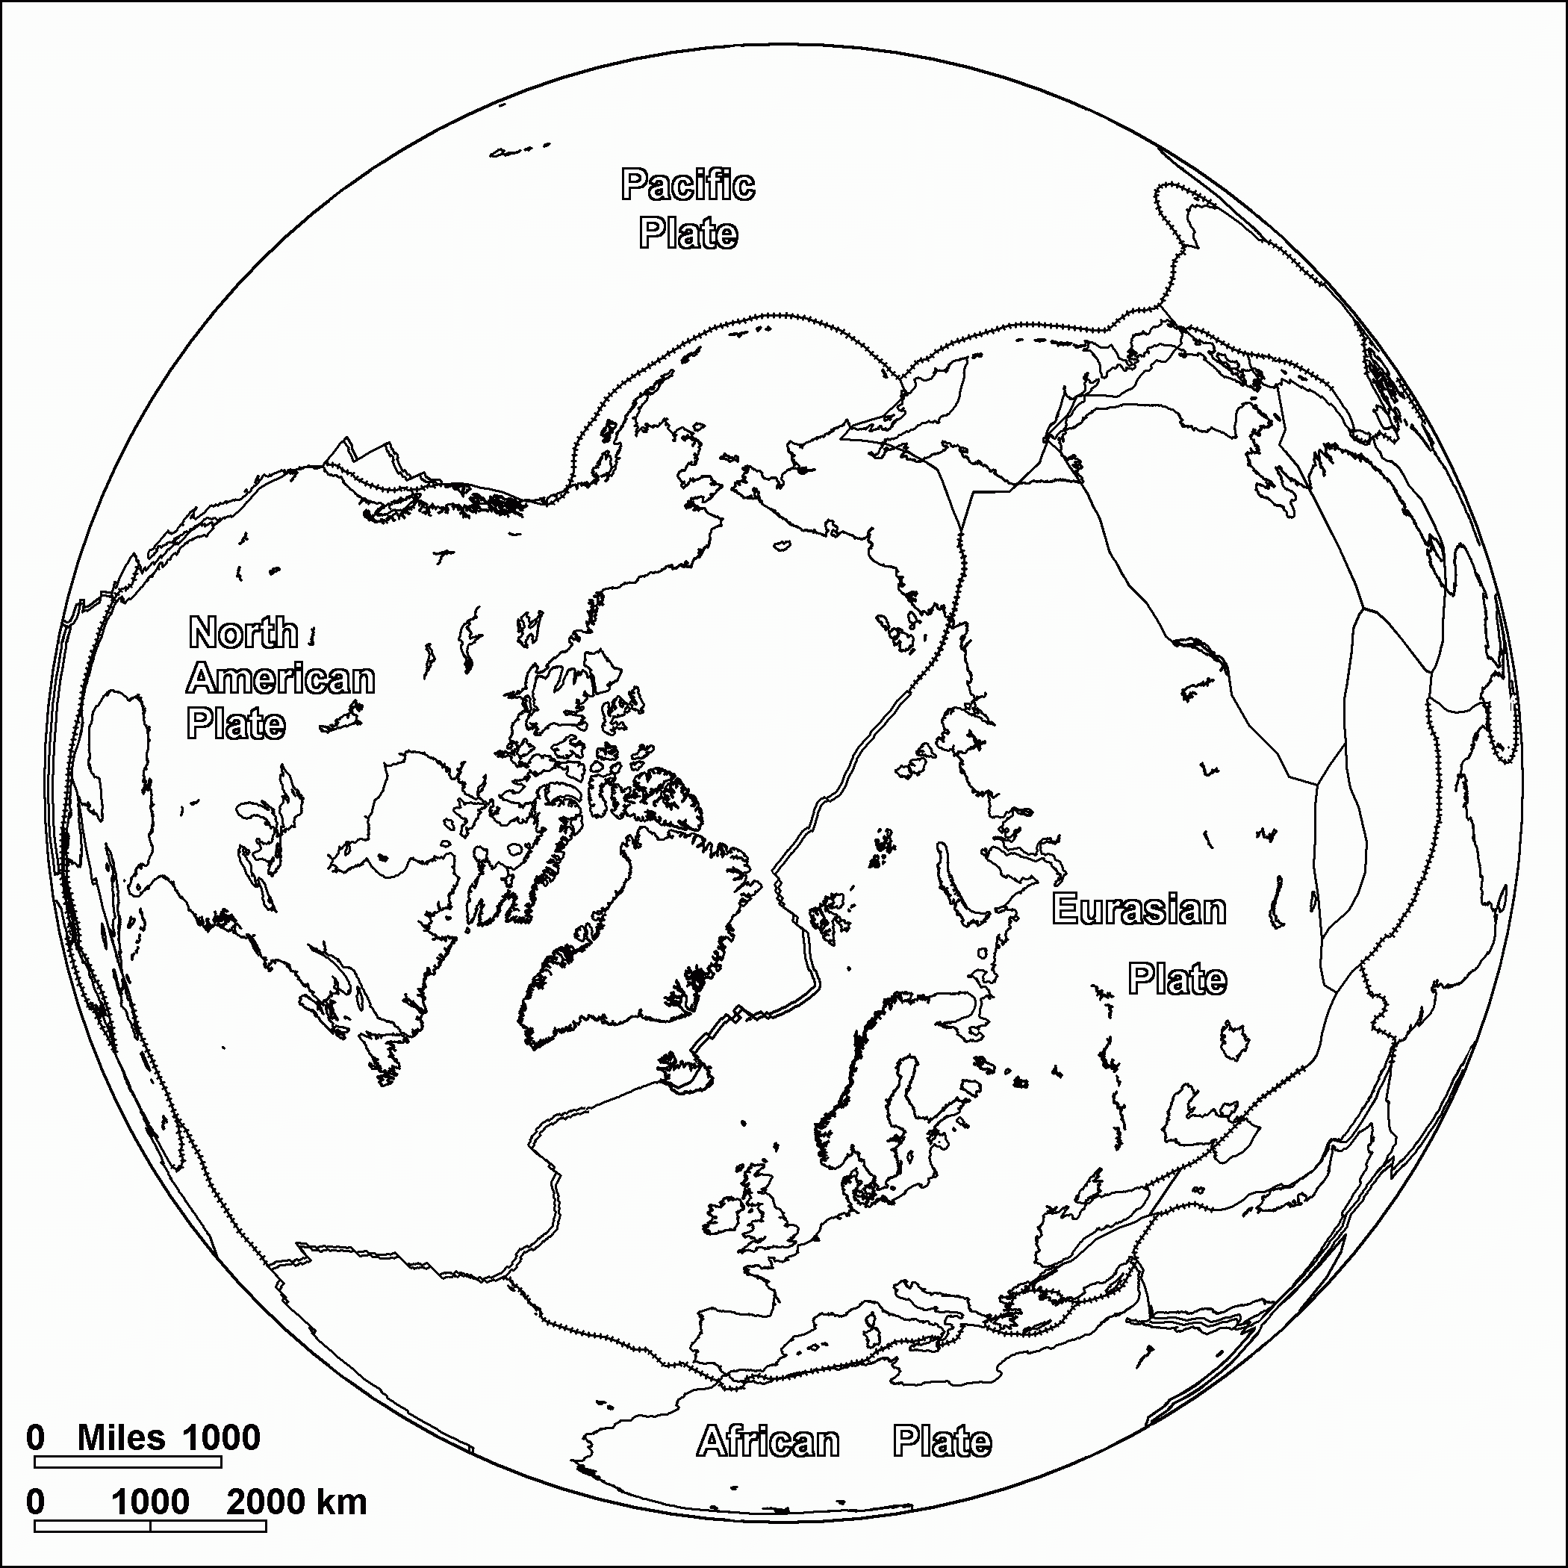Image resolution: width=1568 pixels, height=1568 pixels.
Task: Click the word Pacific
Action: (688, 186)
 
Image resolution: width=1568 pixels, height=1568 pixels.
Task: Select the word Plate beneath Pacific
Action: (688, 234)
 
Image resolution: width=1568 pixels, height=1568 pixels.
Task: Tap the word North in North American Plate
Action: (243, 632)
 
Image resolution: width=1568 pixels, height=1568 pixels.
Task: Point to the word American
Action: (281, 679)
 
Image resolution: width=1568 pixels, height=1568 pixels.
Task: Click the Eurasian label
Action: (1139, 909)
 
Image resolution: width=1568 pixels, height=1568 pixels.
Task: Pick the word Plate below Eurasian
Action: (1177, 979)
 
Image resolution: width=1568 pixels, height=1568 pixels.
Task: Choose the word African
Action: (768, 1441)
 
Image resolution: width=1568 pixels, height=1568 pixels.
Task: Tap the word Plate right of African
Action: (942, 1441)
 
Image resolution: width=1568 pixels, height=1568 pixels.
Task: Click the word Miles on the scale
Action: (122, 1437)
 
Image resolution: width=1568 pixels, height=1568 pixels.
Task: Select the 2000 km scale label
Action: (296, 1502)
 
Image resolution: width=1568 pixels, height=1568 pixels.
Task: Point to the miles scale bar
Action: (128, 1462)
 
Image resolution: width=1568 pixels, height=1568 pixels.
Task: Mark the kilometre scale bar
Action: (150, 1525)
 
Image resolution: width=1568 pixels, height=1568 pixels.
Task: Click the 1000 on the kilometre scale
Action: (150, 1502)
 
